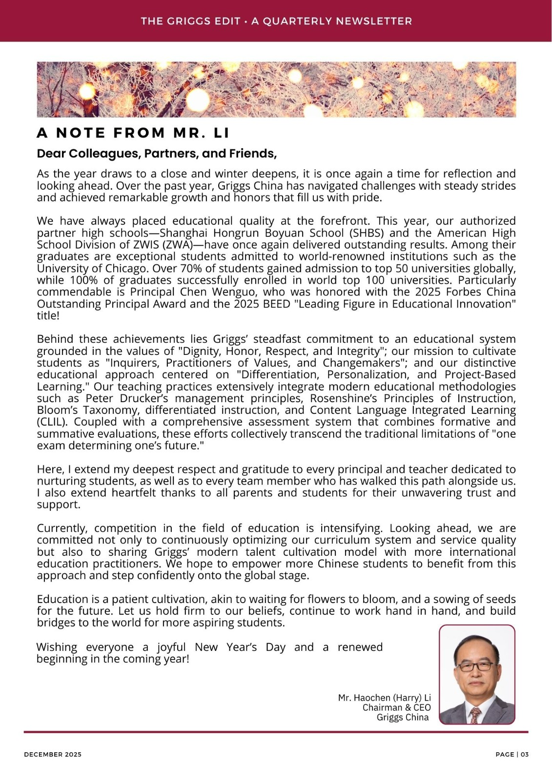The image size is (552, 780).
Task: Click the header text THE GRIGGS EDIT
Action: tap(190, 21)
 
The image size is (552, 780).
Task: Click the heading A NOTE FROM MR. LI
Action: tap(133, 133)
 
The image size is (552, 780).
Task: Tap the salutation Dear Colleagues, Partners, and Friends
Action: tap(157, 154)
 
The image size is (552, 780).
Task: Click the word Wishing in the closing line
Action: tap(57, 647)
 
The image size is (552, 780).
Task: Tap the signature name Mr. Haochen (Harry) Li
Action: tap(384, 698)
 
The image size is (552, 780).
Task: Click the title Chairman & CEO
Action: tap(396, 707)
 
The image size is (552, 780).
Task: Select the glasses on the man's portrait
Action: tap(475, 666)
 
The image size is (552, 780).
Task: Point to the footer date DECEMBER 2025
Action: tap(53, 754)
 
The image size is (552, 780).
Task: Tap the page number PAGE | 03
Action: tap(511, 754)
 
